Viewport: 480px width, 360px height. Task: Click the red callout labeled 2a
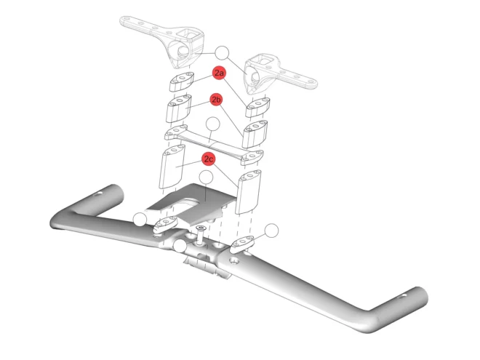(x=220, y=73)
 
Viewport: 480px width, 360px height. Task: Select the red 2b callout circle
(x=217, y=99)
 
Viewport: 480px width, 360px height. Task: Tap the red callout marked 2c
(x=209, y=158)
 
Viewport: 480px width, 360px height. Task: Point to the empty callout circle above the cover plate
(x=206, y=177)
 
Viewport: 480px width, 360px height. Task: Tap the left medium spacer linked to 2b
(x=179, y=108)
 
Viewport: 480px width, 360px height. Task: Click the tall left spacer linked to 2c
(x=174, y=166)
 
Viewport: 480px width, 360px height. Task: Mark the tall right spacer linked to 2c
(x=249, y=191)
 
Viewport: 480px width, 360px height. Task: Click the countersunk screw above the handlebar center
(x=199, y=229)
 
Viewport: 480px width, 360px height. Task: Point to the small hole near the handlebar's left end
(x=98, y=193)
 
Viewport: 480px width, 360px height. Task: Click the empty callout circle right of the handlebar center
(x=271, y=231)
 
